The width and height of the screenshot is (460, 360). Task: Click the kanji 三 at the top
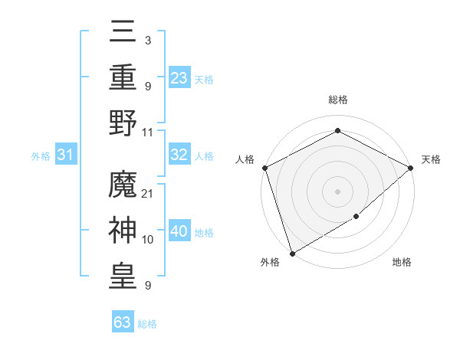(x=123, y=33)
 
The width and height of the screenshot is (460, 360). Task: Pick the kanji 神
(x=123, y=230)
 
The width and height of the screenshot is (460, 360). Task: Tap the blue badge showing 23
(x=179, y=77)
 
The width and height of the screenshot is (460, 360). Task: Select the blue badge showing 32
(x=179, y=155)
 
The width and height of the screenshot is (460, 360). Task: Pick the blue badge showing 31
(x=66, y=155)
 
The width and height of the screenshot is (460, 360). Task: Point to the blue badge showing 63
(x=123, y=323)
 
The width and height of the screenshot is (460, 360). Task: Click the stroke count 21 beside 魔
(x=148, y=194)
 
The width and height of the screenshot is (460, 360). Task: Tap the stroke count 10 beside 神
(x=148, y=240)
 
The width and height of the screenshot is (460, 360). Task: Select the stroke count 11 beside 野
(x=148, y=132)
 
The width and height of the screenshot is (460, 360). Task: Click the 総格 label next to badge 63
(x=147, y=324)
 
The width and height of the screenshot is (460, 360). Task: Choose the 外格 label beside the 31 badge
(x=41, y=156)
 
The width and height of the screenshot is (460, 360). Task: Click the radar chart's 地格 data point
(x=356, y=218)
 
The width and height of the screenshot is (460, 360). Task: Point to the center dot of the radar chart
(x=337, y=191)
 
